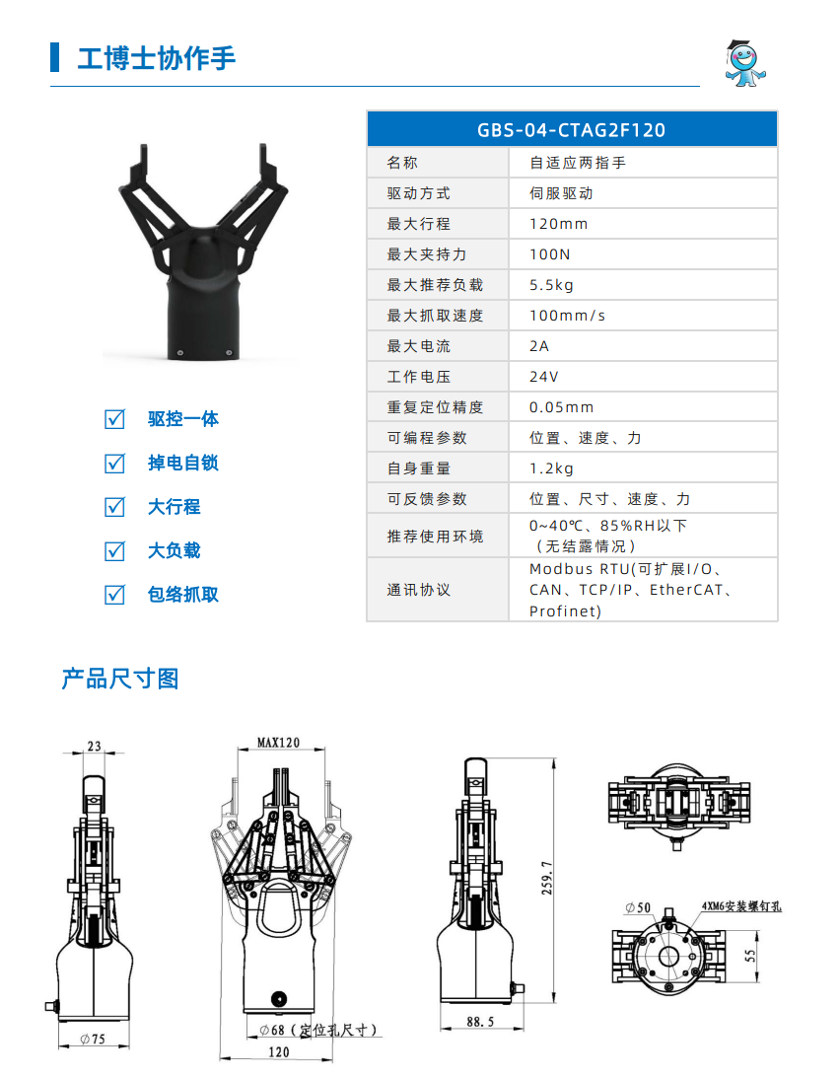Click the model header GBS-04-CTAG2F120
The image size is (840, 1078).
[x=571, y=129]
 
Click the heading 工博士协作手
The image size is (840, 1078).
[x=156, y=58]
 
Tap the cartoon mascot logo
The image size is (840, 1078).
[x=744, y=62]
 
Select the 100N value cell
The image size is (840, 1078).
[x=550, y=254]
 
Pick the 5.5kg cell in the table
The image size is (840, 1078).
[x=551, y=285]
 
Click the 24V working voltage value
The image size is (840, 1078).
[x=543, y=377]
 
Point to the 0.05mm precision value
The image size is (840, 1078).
[x=561, y=407]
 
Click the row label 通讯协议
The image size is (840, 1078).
[x=418, y=590]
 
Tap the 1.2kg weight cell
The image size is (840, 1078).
[x=551, y=468]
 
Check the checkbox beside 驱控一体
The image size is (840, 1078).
[x=115, y=419]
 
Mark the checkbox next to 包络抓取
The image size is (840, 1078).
[x=115, y=595]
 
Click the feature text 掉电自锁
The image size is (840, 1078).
[x=182, y=463]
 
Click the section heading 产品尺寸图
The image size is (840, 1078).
[x=119, y=679]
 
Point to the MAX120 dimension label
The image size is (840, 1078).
[x=278, y=742]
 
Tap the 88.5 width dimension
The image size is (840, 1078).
[x=480, y=1022]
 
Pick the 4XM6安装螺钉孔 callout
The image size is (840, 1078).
[x=740, y=904]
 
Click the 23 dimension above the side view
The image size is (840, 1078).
[x=94, y=747]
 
